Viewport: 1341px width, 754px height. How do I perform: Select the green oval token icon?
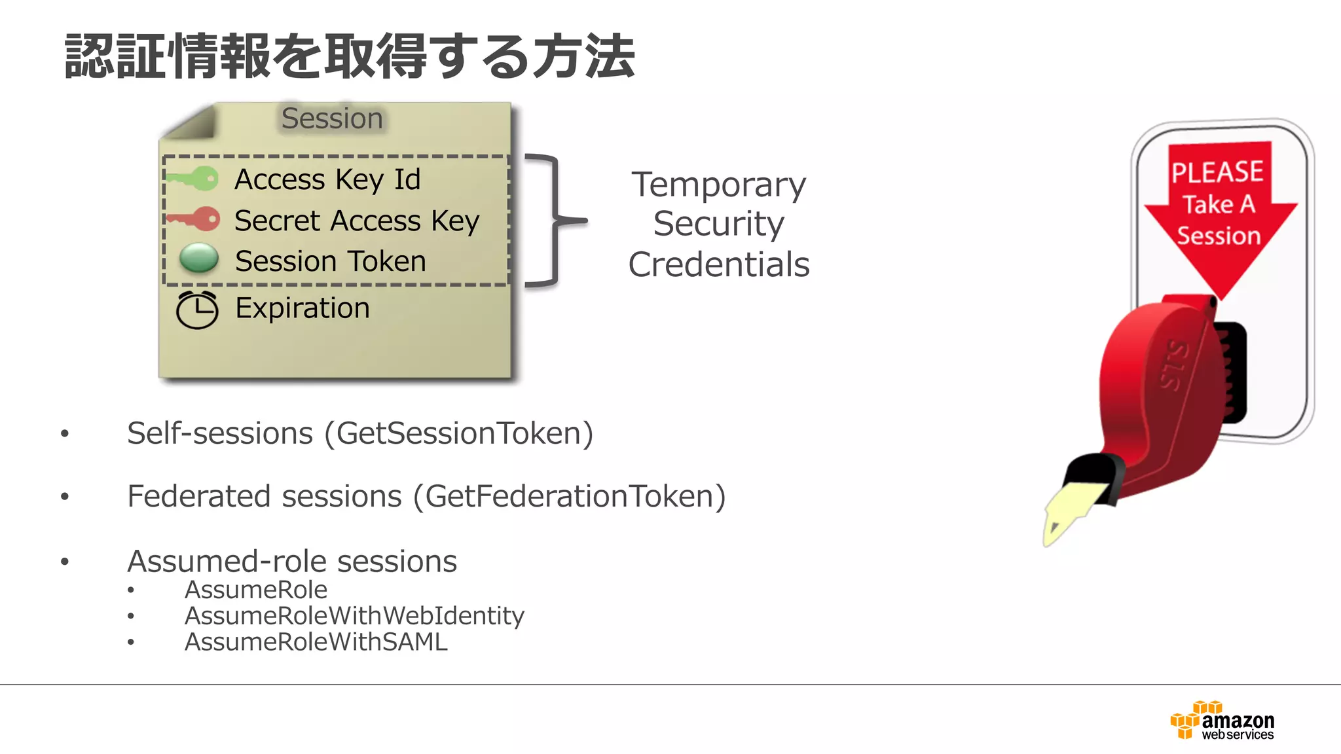pyautogui.click(x=199, y=259)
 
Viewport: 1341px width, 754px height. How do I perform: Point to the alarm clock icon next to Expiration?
pyautogui.click(x=197, y=310)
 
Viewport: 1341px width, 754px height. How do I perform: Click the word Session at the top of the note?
pyautogui.click(x=332, y=118)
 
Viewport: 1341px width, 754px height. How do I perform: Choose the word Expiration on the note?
pyautogui.click(x=303, y=308)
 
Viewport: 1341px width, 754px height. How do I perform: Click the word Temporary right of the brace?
pyautogui.click(x=718, y=185)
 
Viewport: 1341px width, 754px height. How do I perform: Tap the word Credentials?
pyautogui.click(x=718, y=264)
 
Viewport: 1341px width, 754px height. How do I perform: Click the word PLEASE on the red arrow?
pyautogui.click(x=1217, y=172)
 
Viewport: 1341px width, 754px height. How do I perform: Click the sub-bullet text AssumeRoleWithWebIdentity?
pyautogui.click(x=354, y=616)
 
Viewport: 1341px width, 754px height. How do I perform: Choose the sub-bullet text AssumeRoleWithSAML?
pyautogui.click(x=316, y=642)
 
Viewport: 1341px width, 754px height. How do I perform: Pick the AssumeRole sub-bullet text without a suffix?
pyautogui.click(x=256, y=590)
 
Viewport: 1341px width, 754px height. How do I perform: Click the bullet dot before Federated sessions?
pyautogui.click(x=64, y=497)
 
